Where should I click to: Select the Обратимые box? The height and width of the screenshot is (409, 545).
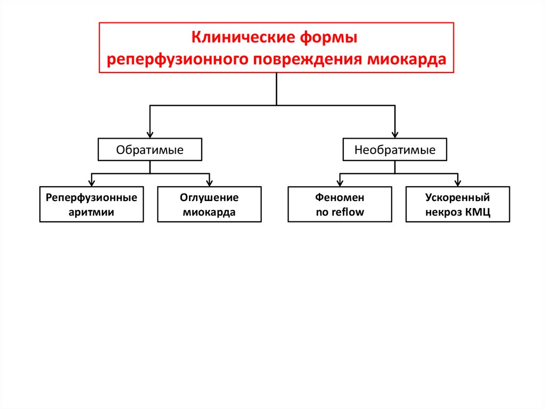[x=150, y=150]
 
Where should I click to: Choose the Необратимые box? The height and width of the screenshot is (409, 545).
[x=395, y=150]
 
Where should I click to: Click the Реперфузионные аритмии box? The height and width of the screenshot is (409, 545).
[x=91, y=204]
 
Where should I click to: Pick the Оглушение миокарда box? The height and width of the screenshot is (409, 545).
[x=209, y=204]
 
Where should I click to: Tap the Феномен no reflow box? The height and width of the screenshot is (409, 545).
[x=340, y=204]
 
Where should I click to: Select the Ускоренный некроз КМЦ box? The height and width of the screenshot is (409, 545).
[x=457, y=204]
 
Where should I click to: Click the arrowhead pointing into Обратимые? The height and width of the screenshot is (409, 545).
[x=150, y=135]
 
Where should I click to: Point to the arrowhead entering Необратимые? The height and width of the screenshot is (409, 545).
[x=395, y=135]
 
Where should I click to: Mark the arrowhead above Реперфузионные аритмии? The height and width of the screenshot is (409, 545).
[x=92, y=182]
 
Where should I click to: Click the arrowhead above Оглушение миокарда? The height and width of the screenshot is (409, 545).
[x=209, y=182]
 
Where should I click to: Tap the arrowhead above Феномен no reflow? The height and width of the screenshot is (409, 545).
[x=340, y=182]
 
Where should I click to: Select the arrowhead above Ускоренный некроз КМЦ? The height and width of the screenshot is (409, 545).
[x=458, y=182]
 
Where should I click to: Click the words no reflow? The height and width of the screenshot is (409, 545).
[x=340, y=213]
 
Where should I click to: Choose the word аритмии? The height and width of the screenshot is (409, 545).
[x=91, y=213]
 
